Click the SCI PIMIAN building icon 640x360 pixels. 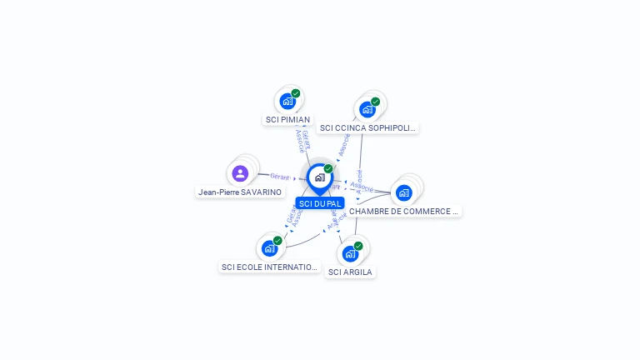[287, 102]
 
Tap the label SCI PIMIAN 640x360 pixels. [287, 120]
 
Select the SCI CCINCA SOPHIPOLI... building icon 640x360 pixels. [367, 109]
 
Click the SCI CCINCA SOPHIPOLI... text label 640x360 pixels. [367, 128]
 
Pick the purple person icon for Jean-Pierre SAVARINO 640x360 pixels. [240, 173]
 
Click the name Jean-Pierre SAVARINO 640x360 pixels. [240, 192]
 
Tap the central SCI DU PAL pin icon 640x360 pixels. [319, 177]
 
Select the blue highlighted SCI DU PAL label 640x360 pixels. [320, 203]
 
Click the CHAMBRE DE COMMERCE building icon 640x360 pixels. [404, 192]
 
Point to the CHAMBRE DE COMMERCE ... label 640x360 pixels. [404, 212]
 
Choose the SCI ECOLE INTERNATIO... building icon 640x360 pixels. [269, 248]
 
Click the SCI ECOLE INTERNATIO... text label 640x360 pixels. [269, 267]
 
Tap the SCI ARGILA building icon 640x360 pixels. [350, 253]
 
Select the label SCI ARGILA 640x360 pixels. [350, 272]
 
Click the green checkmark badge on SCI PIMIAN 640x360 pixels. [296, 93]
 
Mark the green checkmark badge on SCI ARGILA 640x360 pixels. [358, 246]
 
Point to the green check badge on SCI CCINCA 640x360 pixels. [376, 102]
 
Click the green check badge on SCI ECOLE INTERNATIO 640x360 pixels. [277, 241]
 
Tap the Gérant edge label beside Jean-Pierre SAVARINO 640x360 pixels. [279, 177]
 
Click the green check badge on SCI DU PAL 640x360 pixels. [328, 168]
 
